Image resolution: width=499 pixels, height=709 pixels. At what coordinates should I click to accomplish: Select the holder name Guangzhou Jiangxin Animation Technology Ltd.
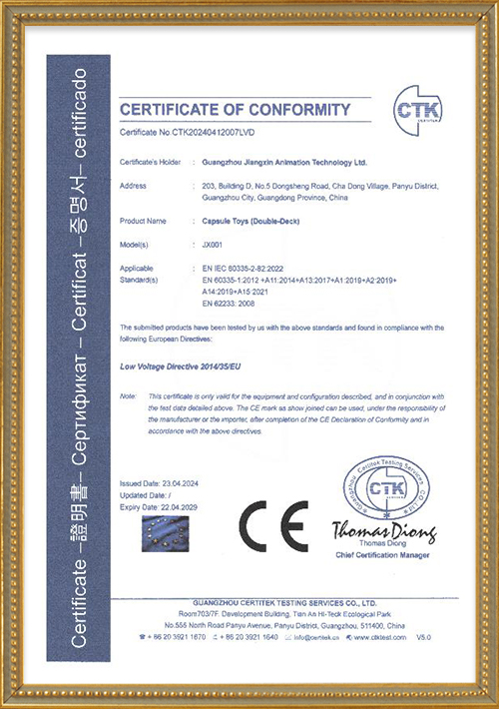click(283, 160)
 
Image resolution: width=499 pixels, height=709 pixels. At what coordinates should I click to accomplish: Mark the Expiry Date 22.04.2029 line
click(164, 506)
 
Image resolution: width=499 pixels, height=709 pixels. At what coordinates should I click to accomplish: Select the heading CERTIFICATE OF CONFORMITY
click(236, 109)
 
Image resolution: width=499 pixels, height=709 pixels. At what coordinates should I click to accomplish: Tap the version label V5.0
click(424, 636)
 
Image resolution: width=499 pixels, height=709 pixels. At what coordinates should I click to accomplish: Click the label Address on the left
click(133, 186)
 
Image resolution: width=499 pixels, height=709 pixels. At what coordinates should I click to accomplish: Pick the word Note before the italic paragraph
click(128, 396)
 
